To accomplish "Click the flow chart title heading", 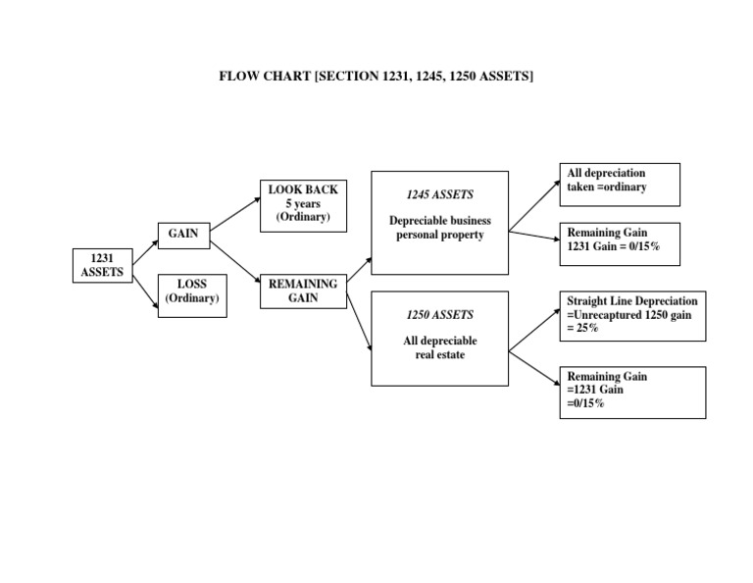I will click(376, 77).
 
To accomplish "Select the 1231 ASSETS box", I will click(102, 265).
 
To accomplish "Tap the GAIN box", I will click(183, 236).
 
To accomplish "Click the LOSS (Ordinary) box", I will click(192, 295).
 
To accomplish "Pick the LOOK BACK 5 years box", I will click(303, 205).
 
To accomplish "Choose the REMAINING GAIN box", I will click(303, 291).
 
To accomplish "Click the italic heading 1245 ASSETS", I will click(439, 194).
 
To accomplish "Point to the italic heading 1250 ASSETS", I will click(439, 315).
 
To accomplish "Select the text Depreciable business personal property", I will click(439, 228).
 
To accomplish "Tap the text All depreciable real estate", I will click(439, 347).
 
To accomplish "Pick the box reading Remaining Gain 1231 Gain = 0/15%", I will click(620, 241).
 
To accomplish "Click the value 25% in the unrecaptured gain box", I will click(587, 328).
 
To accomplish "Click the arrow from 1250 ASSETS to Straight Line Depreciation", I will click(534, 327).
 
